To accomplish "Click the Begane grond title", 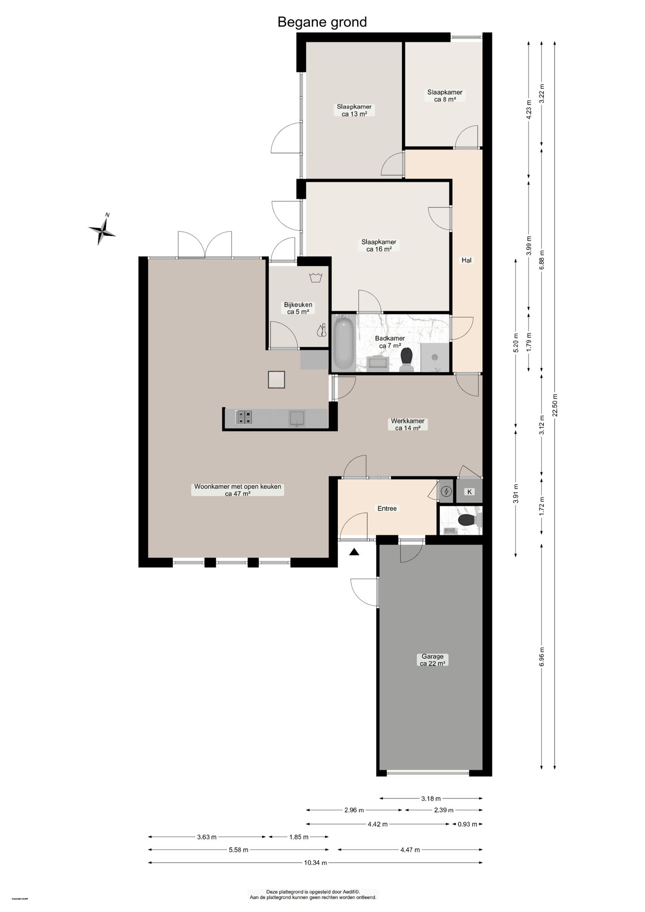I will tap(322, 22).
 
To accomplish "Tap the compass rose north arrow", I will tap(103, 230).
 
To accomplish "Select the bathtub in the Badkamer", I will tap(344, 342).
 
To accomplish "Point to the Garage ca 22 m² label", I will tap(432, 660).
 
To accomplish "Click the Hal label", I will tap(466, 260).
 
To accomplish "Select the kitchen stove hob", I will tap(244, 417).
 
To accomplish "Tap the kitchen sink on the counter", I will tap(297, 418).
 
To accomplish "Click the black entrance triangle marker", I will tap(354, 552).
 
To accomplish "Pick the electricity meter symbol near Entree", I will tap(446, 492).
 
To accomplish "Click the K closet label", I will tap(469, 492).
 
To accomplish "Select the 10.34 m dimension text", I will tap(315, 862).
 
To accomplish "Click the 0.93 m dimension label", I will tap(467, 824).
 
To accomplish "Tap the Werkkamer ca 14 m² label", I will tap(408, 424).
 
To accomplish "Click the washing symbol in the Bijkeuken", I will tap(316, 277).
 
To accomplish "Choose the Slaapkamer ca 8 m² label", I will tap(445, 95).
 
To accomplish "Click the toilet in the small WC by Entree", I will tap(468, 520).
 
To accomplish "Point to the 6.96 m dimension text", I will tap(542, 657).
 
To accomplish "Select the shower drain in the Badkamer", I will tap(434, 357).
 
